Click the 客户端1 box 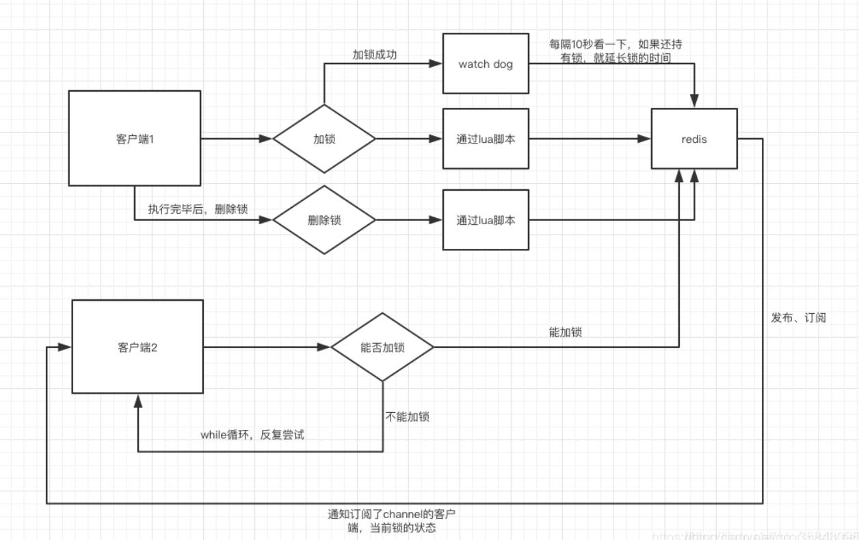coord(135,138)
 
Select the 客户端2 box coord(137,347)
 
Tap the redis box coord(694,139)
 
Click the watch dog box coord(486,64)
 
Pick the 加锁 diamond coord(324,139)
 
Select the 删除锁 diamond coord(324,220)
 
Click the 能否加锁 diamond coord(382,347)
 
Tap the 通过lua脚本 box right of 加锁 coord(486,139)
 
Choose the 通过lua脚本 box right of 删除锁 coord(486,220)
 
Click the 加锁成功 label coord(374,55)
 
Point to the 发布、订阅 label coord(798,318)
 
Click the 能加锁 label coord(565,333)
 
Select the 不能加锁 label coord(408,417)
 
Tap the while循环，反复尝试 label coord(252,435)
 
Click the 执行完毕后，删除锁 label coord(198,209)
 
